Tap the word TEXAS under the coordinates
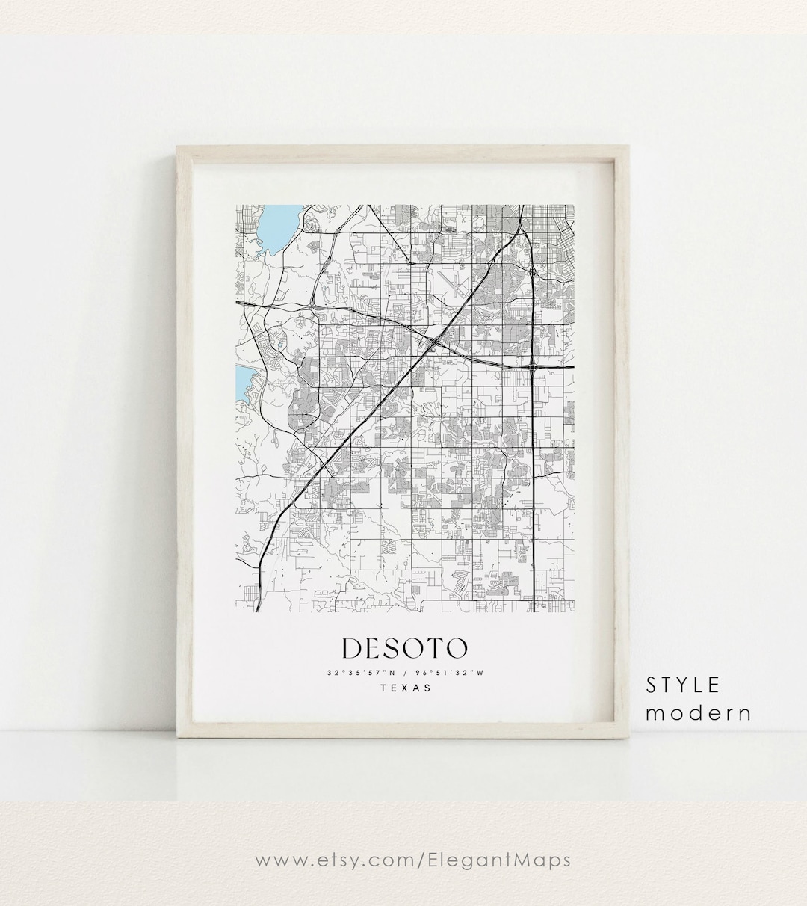[405, 688]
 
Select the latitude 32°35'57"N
[361, 672]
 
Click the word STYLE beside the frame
[683, 685]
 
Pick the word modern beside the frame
[699, 712]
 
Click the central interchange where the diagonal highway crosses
[435, 343]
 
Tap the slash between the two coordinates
[404, 672]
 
